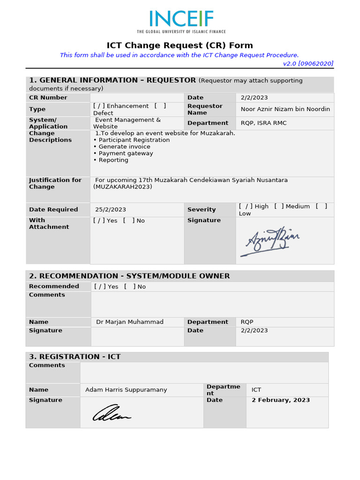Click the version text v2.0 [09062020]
[308, 64]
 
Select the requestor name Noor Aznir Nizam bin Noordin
[285, 109]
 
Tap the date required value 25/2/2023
[111, 210]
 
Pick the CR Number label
[48, 97]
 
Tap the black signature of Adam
[112, 412]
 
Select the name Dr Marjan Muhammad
[130, 322]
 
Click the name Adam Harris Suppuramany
[126, 390]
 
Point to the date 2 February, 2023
[280, 400]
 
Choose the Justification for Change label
[55, 183]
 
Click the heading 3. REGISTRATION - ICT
[75, 357]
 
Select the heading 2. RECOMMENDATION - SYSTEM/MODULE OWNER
[129, 276]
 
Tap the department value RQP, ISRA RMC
[263, 123]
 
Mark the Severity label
[202, 210]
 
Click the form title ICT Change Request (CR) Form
[180, 45]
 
